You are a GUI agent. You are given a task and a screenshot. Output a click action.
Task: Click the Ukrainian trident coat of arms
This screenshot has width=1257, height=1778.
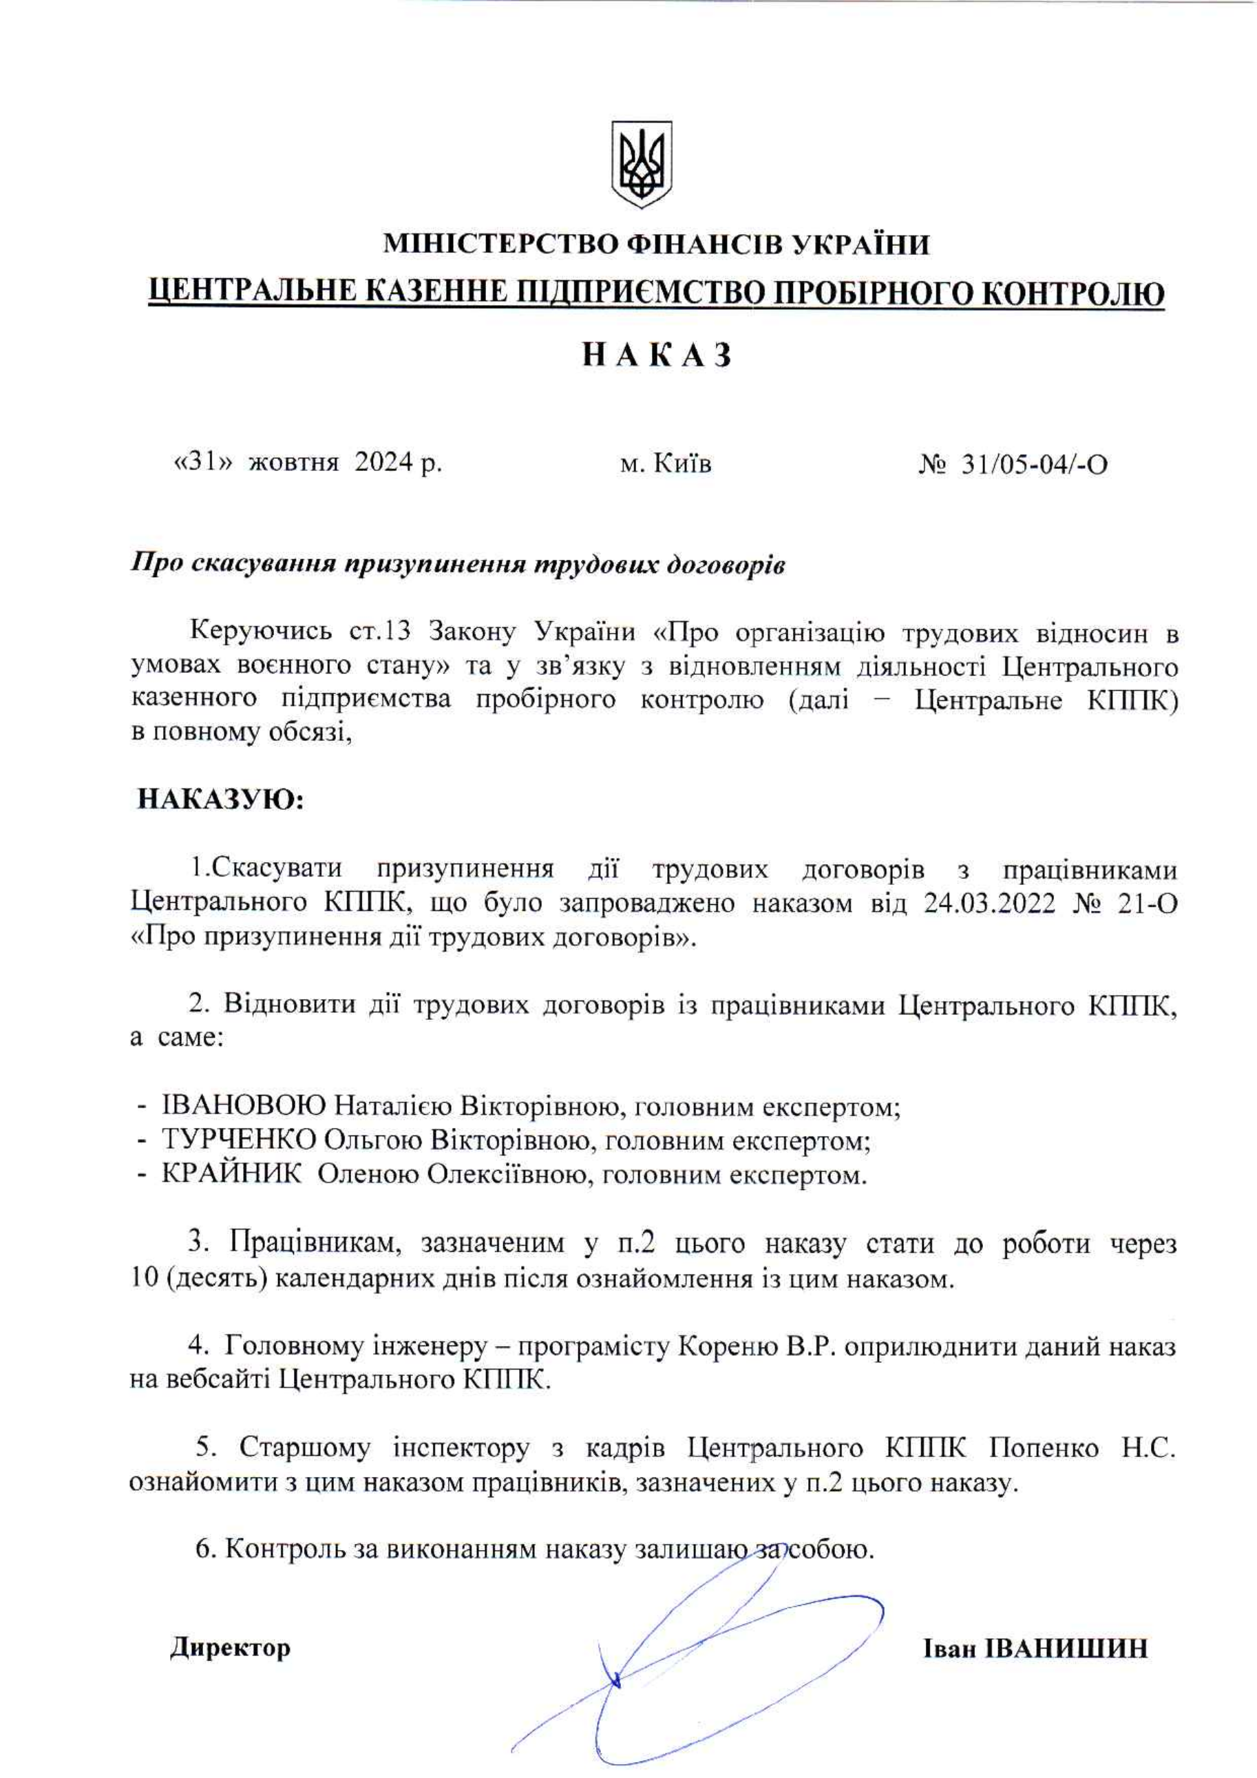point(642,163)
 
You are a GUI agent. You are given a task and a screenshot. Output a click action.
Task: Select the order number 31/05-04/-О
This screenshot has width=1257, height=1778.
point(1034,465)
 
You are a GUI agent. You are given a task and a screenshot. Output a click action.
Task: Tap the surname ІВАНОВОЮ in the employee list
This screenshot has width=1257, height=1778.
point(244,1107)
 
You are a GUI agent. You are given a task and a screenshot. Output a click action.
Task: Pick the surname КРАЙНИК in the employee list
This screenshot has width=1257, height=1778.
point(232,1174)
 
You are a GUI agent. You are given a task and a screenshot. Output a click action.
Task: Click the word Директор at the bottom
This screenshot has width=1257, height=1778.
point(231,1647)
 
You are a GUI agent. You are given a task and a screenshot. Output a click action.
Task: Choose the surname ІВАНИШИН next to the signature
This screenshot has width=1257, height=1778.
point(1068,1648)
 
